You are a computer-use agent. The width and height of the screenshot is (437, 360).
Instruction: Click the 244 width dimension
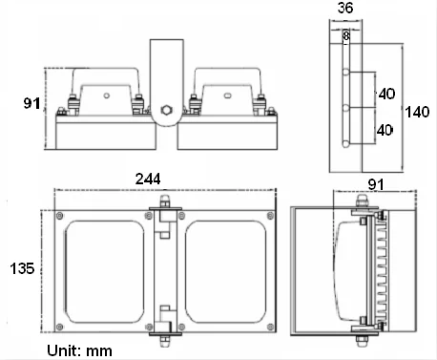[148, 179]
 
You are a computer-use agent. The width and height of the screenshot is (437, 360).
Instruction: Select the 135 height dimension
[22, 268]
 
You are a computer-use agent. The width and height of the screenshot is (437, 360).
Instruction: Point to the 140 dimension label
[417, 112]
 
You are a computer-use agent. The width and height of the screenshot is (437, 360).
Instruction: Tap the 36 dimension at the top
[345, 8]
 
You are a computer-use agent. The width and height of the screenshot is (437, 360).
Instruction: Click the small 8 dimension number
[346, 35]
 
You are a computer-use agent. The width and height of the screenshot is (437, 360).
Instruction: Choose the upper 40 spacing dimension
[386, 94]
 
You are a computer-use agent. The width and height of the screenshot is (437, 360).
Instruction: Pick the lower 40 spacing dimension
[385, 130]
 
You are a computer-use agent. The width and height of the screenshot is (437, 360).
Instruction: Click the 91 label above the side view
[376, 184]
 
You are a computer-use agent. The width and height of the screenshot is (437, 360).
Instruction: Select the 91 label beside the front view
[31, 103]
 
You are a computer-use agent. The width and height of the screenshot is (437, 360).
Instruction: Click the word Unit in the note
[62, 350]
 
